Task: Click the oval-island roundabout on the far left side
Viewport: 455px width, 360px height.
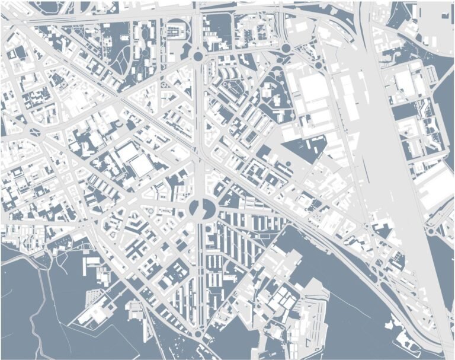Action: click(x=34, y=132)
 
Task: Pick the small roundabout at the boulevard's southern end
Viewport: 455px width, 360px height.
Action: click(x=197, y=336)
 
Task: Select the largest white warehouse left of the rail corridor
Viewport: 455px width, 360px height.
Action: click(x=315, y=89)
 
